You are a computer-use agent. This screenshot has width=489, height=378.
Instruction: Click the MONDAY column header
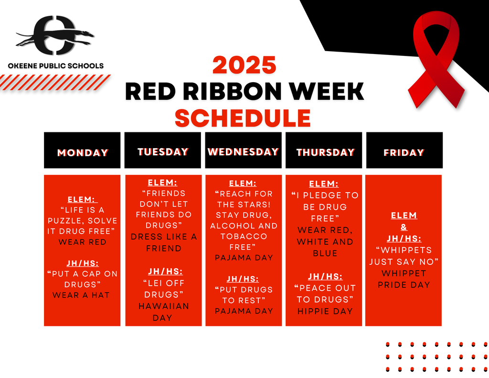(83, 152)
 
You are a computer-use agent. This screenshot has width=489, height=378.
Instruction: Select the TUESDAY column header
(163, 151)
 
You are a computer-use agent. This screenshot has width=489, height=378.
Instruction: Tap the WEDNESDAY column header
(243, 151)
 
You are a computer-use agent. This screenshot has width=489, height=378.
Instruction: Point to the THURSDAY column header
(325, 152)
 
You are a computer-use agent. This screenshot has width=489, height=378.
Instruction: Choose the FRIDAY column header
(404, 152)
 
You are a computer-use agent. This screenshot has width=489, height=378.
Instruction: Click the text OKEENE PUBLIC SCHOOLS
(56, 65)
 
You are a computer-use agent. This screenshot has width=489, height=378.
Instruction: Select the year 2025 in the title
(244, 65)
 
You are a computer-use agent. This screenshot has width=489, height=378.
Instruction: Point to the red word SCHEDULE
(243, 118)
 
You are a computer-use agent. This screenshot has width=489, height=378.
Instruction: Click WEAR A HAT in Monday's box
(81, 295)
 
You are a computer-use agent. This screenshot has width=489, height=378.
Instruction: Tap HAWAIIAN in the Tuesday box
(164, 306)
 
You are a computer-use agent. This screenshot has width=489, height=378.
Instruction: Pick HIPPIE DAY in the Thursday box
(325, 311)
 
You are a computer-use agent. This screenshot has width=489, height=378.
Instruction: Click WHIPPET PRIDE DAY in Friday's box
(404, 279)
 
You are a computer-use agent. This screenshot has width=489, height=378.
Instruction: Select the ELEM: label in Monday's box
(83, 200)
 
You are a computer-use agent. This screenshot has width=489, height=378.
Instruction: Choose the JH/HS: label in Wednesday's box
(243, 279)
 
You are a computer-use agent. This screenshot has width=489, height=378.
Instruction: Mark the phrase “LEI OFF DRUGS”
(164, 289)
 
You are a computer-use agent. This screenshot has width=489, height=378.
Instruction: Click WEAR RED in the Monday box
(83, 242)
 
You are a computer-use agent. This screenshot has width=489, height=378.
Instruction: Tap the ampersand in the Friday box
(404, 227)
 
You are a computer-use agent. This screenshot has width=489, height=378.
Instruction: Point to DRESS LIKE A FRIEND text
(164, 242)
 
